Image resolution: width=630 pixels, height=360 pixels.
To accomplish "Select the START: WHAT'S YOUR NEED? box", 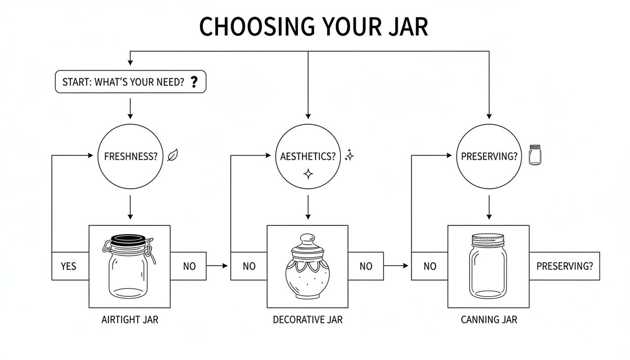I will (130, 82).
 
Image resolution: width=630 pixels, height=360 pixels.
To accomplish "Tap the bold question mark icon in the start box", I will (195, 82).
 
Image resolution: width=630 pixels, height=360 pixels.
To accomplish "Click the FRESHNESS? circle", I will (130, 157).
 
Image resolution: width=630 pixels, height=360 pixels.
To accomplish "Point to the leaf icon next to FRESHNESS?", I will (172, 155).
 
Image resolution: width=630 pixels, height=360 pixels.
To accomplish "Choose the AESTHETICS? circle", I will (307, 157).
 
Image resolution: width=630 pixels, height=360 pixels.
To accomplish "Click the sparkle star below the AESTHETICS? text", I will (308, 174).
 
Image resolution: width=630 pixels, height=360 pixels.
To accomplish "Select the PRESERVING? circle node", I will (489, 157).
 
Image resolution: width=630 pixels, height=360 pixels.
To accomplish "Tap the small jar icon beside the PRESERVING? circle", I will (534, 155).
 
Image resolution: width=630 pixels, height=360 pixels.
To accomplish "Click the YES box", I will (69, 266).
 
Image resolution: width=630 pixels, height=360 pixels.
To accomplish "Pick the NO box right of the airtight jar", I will (188, 266).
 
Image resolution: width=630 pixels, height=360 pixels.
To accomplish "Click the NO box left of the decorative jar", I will (248, 266).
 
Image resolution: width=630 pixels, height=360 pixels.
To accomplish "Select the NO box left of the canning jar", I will (429, 266).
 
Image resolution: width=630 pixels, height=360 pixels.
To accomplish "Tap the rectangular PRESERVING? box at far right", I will (564, 266).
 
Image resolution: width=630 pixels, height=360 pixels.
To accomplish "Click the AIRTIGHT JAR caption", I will (130, 320).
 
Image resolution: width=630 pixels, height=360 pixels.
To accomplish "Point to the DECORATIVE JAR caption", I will (307, 320).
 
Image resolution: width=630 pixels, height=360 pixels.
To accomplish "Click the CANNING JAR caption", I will (489, 320).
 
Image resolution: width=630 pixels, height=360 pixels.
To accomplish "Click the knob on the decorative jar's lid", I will (307, 239).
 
